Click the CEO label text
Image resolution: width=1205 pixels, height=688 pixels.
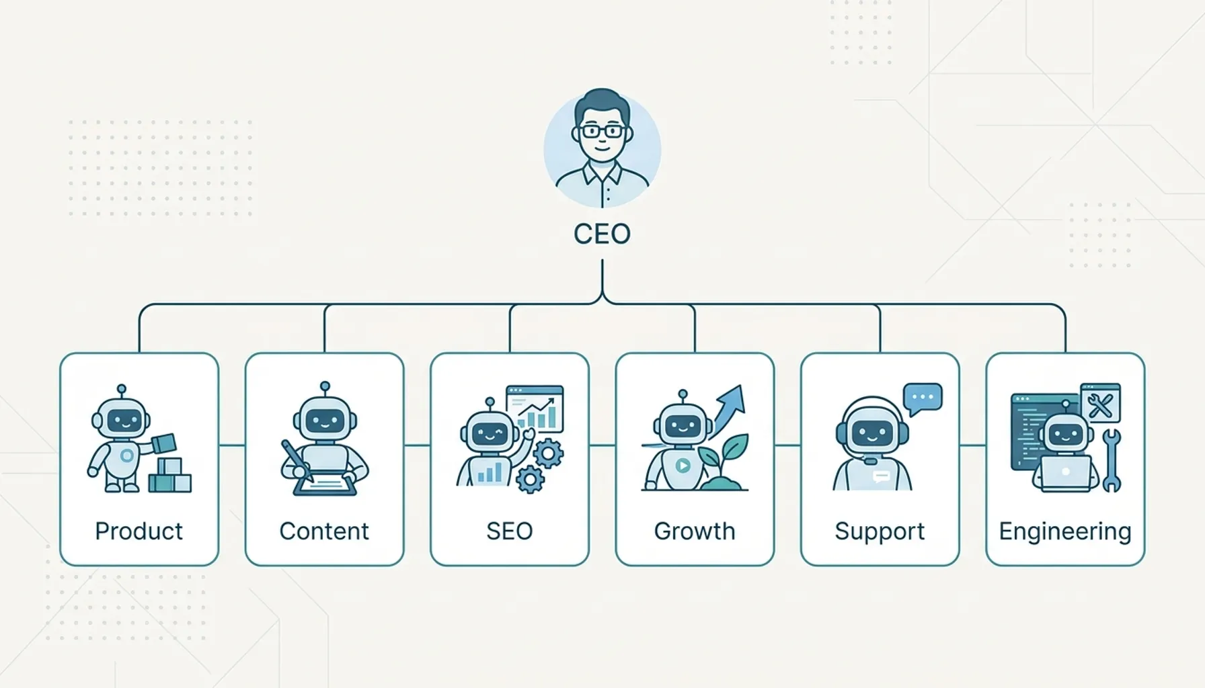pos(602,234)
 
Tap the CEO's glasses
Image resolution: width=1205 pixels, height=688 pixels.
pos(602,131)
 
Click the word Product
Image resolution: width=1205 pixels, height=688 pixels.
pos(139,531)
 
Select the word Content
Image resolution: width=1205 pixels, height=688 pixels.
pos(324,531)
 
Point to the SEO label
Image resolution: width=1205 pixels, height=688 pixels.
pos(510,531)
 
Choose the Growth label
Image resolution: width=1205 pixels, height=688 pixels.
pos(695,531)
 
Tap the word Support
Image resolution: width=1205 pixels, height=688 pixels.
pos(880,531)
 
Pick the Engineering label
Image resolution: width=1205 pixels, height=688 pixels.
pos(1065,531)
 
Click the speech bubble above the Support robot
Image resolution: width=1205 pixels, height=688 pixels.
pos(923,399)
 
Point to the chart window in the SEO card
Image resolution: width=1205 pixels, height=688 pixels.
pos(535,408)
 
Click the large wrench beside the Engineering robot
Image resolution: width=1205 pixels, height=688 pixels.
pos(1112,460)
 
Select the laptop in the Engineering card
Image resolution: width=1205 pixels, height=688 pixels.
pos(1066,473)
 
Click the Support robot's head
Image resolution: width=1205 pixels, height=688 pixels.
pos(872,431)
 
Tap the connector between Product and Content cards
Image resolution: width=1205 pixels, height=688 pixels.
pos(232,445)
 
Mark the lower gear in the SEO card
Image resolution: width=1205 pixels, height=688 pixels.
pos(530,480)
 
